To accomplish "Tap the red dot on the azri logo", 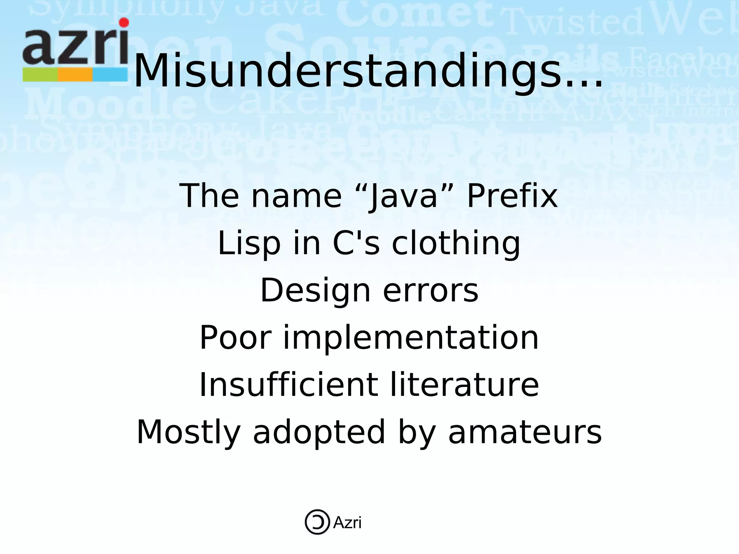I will [x=124, y=23].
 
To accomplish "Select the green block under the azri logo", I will [x=40, y=74].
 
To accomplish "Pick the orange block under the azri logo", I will [x=75, y=74].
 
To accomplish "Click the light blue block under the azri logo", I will [x=110, y=74].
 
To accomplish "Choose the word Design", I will [x=315, y=290].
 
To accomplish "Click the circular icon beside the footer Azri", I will [x=317, y=522].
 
